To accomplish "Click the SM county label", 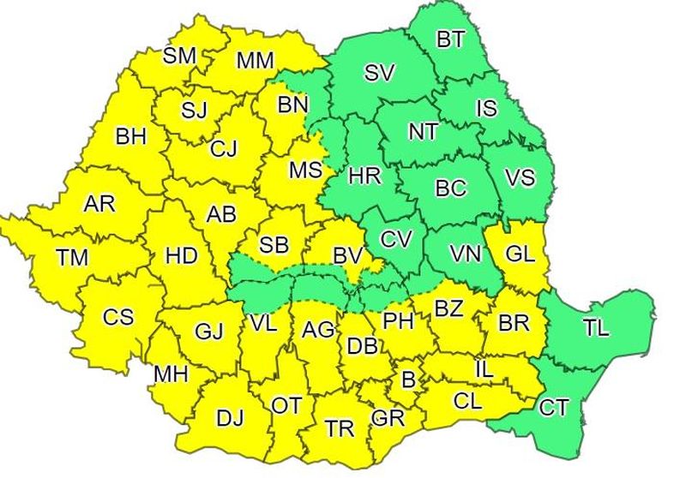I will point(180,56).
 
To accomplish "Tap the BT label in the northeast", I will point(450,39).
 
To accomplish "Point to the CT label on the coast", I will point(553,408).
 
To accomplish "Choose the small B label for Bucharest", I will point(408,379).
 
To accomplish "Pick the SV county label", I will point(378,73).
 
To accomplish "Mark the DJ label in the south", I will point(230,418).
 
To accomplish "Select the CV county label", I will point(396,240).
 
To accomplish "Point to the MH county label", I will point(171,374).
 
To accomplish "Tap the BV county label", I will point(347,255).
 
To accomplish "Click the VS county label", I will point(520,178).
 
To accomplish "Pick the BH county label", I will point(131,135).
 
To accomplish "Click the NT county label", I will point(423,131).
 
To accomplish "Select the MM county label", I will point(255,60).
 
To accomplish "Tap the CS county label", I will point(118,317).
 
